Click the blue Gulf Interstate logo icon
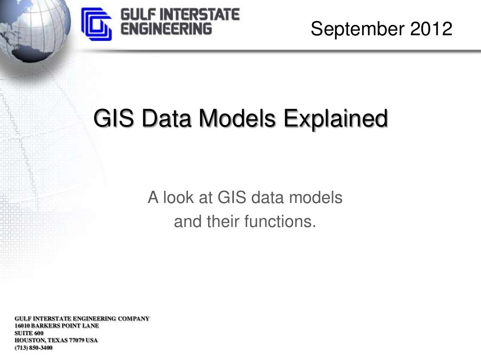pyautogui.click(x=96, y=24)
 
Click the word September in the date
pyautogui.click(x=357, y=29)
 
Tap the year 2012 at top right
pyautogui.click(x=431, y=29)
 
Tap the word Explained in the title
pyautogui.click(x=335, y=118)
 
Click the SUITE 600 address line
pyautogui.click(x=29, y=333)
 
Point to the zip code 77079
pyautogui.click(x=77, y=340)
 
